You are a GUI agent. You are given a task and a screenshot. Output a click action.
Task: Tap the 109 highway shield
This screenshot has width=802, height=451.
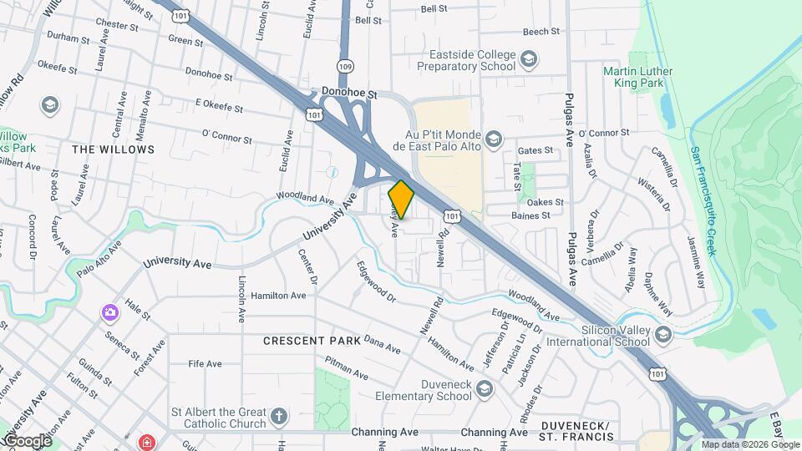(x=345, y=65)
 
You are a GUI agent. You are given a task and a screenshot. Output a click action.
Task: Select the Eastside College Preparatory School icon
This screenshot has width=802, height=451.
(x=528, y=58)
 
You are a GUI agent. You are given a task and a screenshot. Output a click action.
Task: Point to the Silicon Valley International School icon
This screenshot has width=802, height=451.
(x=663, y=335)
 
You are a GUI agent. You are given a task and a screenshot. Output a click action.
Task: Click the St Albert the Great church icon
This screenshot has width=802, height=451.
(x=279, y=415)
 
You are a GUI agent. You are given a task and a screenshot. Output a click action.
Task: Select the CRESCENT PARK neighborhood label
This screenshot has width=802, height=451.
(x=312, y=341)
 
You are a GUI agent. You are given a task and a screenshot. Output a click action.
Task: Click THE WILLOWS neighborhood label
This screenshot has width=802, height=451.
(x=114, y=149)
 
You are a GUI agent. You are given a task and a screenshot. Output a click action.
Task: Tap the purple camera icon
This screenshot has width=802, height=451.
(x=109, y=313)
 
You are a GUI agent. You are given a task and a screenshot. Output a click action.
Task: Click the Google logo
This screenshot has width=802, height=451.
(x=27, y=440)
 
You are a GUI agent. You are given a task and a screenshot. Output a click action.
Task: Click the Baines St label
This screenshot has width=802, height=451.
(x=531, y=215)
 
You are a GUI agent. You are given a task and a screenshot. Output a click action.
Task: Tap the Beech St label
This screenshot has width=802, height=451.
(x=541, y=31)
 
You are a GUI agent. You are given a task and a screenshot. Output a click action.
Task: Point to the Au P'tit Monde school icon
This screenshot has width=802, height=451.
(x=494, y=139)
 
